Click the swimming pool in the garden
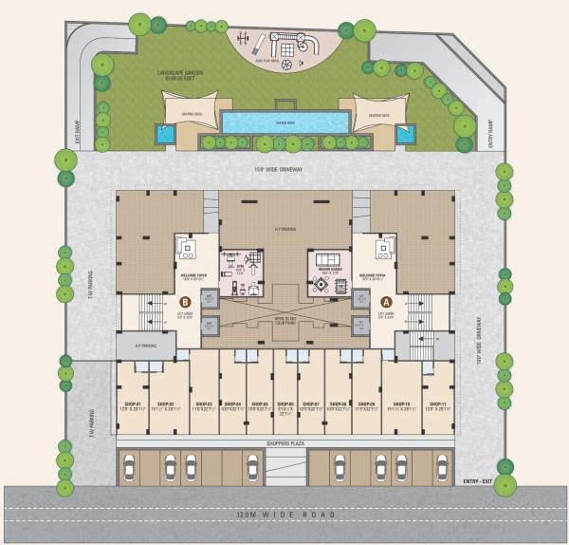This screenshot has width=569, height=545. coord(284,122)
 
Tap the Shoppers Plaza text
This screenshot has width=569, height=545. coord(284,443)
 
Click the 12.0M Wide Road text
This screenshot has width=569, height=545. coord(284,516)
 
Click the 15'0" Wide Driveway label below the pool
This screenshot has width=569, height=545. coord(284,171)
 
